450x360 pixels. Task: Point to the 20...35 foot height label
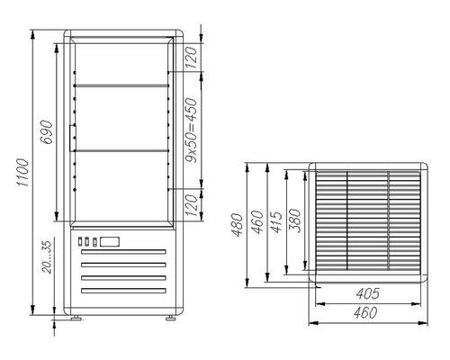(x=48, y=257)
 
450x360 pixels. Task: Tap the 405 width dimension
(x=364, y=294)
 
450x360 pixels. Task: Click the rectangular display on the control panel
(x=110, y=241)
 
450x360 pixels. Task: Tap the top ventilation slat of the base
(x=124, y=255)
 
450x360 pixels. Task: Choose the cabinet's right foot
(x=169, y=317)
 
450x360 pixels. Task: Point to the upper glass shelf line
(x=119, y=86)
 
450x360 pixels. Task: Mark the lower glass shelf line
(x=119, y=149)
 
